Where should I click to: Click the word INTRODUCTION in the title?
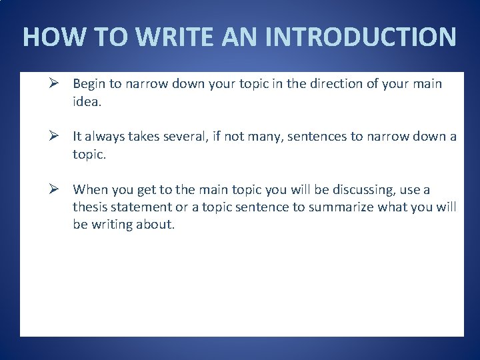361,37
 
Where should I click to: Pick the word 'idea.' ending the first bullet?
87,101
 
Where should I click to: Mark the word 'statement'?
145,207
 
